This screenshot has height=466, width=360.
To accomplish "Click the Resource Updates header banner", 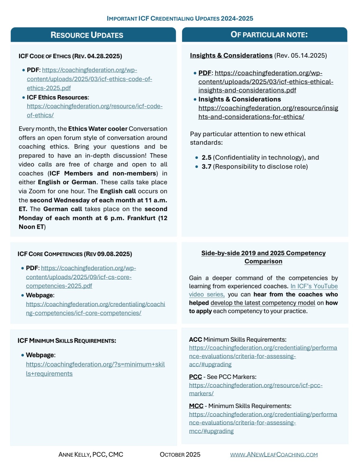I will tap(93, 35).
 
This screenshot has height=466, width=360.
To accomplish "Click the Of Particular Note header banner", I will tap(265, 35).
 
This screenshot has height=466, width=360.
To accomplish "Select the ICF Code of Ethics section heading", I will tap(70, 56).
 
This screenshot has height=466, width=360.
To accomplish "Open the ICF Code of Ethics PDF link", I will tap(89, 79).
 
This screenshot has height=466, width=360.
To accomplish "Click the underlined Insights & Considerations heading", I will tap(231, 56).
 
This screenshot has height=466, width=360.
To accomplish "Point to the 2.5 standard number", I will tap(206, 158).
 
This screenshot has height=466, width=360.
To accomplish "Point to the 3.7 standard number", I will tap(206, 167).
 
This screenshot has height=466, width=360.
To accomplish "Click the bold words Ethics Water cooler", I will tap(98, 129).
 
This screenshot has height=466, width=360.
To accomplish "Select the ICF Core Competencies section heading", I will tap(75, 254).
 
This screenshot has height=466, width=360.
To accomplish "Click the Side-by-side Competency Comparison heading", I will tap(263, 257).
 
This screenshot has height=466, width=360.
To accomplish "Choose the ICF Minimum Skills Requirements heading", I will tap(67, 341).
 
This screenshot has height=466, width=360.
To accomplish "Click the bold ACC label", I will tap(195, 340).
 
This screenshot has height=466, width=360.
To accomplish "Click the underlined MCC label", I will tap(196, 406).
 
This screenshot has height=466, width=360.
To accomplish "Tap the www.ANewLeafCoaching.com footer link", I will tap(274, 455).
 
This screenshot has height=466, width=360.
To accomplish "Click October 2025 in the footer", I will tap(180, 455).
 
